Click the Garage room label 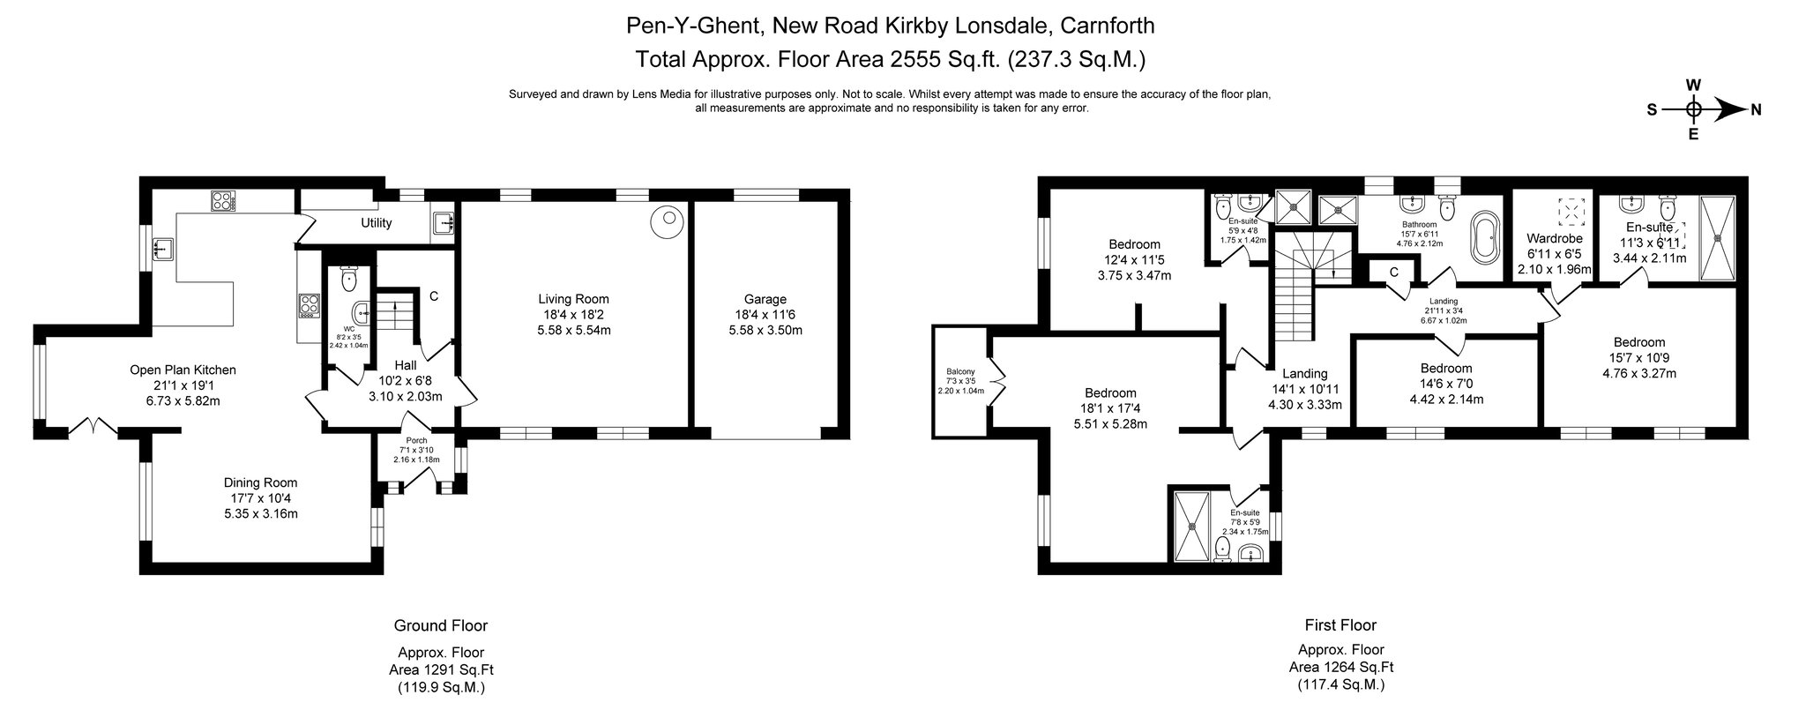coord(765,299)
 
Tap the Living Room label coord(574,299)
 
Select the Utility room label coord(377,223)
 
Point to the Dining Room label coord(260,482)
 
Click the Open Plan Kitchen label coord(183,370)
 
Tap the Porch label coord(416,441)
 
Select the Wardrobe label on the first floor coord(1555,238)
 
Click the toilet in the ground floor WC coord(349,279)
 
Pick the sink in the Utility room coord(444,223)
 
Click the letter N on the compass coord(1756,110)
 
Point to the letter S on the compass coord(1652,110)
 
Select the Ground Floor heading coord(440,625)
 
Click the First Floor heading coord(1340,625)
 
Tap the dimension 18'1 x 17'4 coord(1110,408)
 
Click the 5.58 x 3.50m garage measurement coord(765,330)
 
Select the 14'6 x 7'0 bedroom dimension coord(1446,384)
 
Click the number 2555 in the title coord(891,60)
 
